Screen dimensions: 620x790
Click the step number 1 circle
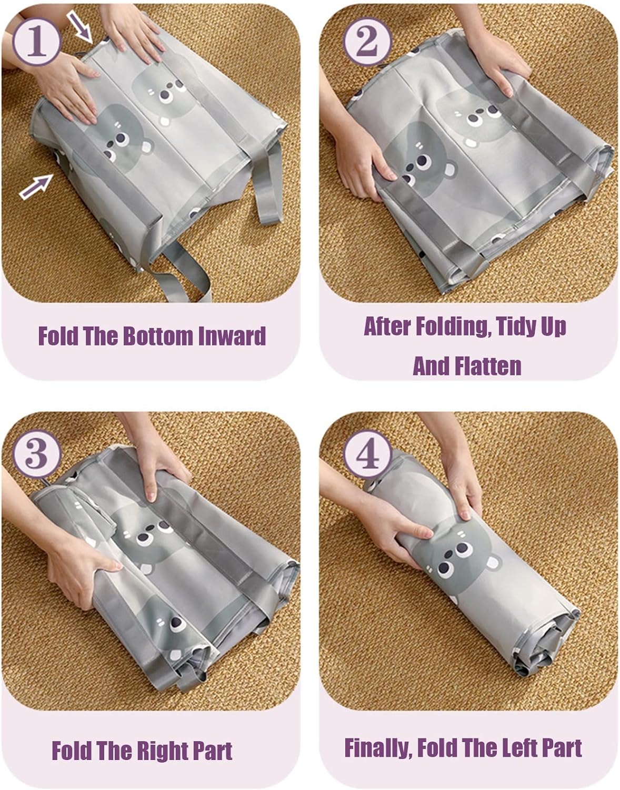tap(37, 41)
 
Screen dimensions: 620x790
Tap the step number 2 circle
tap(368, 41)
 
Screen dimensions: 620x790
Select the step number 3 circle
tap(37, 453)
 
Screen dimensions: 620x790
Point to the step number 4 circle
tap(368, 454)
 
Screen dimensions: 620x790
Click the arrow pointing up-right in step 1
tap(37, 186)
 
